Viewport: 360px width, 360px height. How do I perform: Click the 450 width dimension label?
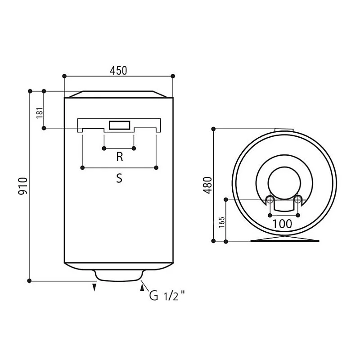(x=118, y=71)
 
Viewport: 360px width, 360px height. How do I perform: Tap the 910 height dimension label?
(x=23, y=186)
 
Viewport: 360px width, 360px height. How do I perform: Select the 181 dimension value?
(x=40, y=113)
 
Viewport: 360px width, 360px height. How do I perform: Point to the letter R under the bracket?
(x=120, y=157)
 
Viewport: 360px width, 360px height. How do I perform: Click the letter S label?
(x=119, y=178)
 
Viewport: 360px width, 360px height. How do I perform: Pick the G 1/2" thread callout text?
(x=167, y=296)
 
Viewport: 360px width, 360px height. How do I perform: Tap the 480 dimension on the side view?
(x=208, y=185)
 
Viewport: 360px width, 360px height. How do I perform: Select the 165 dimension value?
(x=222, y=222)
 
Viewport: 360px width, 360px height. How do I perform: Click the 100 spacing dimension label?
(x=282, y=224)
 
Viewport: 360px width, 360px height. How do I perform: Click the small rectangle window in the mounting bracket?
(x=120, y=125)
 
